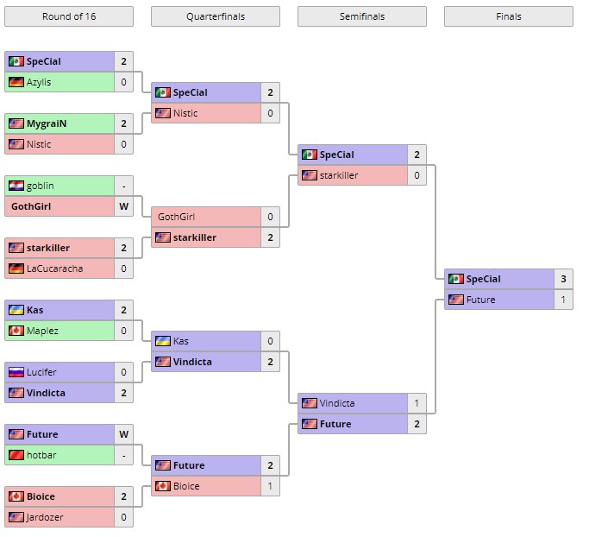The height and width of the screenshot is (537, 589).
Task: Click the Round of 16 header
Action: coord(68,16)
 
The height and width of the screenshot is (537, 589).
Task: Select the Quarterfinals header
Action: coord(215,16)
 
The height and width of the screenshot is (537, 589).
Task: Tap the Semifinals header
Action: coord(361,16)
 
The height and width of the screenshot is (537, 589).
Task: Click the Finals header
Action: coord(508,16)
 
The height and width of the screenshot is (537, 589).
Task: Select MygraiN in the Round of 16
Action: coord(47,123)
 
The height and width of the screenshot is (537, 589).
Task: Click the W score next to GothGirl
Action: coord(123,206)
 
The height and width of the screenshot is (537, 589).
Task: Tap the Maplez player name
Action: coord(42,331)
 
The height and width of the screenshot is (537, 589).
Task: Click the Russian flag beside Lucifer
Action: coord(16,372)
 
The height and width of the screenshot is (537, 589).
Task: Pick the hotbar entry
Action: coord(42,455)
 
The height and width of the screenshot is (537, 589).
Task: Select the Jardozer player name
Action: coord(45,517)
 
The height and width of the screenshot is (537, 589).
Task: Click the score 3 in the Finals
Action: coord(563,279)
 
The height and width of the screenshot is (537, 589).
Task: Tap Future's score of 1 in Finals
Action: coord(563,300)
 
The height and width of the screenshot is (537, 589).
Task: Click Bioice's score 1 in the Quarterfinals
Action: coord(270,486)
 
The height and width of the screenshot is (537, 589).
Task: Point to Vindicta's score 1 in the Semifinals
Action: coord(417,403)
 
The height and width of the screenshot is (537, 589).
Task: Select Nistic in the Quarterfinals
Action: coord(185,113)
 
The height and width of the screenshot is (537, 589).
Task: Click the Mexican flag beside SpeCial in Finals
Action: coord(455,279)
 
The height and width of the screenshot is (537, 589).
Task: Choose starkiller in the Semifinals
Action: coord(338,175)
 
